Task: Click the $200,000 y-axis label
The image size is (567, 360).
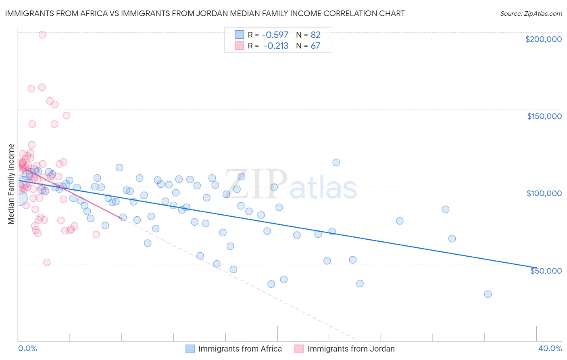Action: (x=543, y=39)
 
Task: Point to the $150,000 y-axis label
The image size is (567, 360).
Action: (x=544, y=116)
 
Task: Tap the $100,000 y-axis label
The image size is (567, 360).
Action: (x=544, y=193)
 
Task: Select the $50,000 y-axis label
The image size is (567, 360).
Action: (x=546, y=270)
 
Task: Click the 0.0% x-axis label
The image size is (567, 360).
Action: (x=27, y=348)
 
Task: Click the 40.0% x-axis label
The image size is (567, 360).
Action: (x=550, y=348)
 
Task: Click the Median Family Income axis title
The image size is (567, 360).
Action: (x=11, y=184)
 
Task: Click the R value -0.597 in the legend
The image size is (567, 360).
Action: (x=275, y=35)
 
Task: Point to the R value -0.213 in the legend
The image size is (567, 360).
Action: (x=276, y=46)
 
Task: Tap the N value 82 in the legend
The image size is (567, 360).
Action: (x=315, y=35)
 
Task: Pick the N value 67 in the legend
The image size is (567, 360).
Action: (x=315, y=46)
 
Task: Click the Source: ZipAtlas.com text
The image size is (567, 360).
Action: (x=531, y=13)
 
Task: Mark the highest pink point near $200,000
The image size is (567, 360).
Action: (x=42, y=35)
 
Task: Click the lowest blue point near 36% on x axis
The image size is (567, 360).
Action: (x=488, y=294)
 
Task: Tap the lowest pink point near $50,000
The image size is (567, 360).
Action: (x=47, y=262)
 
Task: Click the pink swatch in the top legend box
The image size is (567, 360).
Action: (x=240, y=46)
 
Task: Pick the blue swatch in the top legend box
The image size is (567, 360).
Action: (x=240, y=35)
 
